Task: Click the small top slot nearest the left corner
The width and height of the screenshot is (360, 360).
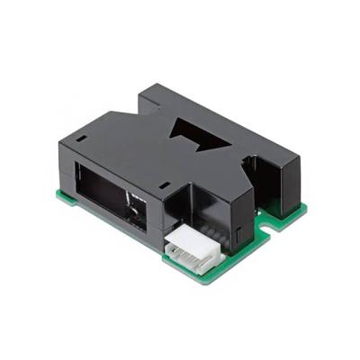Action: pos(78,141)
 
